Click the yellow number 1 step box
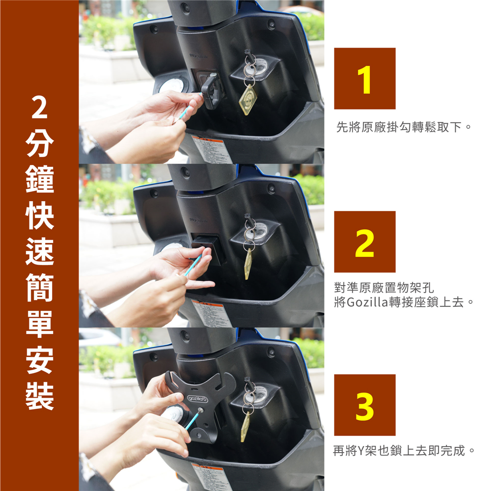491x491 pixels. click(364, 78)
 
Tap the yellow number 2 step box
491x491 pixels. click(364, 242)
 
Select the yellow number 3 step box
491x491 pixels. click(364, 405)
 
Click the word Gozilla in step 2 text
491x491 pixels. click(368, 302)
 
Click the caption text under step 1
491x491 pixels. click(404, 127)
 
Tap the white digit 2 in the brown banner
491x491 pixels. click(39, 108)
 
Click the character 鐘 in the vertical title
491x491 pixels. click(39, 179)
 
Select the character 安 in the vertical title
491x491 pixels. click(39, 360)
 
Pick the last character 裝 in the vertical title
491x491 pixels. click(39, 396)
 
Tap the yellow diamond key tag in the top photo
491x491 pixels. click(247, 99)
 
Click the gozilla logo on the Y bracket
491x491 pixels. click(197, 399)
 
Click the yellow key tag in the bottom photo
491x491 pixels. click(245, 427)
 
